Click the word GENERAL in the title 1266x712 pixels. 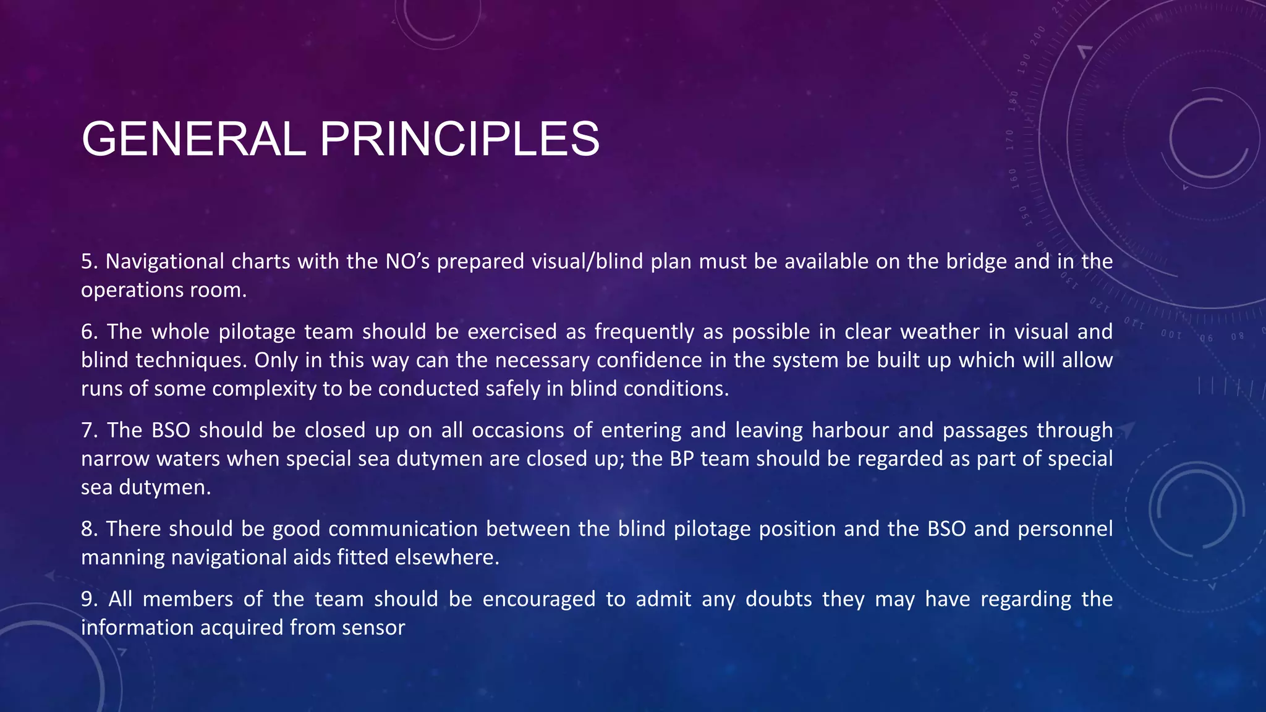[193, 139]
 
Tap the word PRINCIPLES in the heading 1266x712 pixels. [459, 139]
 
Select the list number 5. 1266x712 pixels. [89, 261]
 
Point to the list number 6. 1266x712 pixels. [89, 332]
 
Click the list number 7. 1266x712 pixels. [89, 430]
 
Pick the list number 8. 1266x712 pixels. [89, 529]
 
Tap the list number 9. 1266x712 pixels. [89, 599]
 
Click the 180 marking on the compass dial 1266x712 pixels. [1013, 101]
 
